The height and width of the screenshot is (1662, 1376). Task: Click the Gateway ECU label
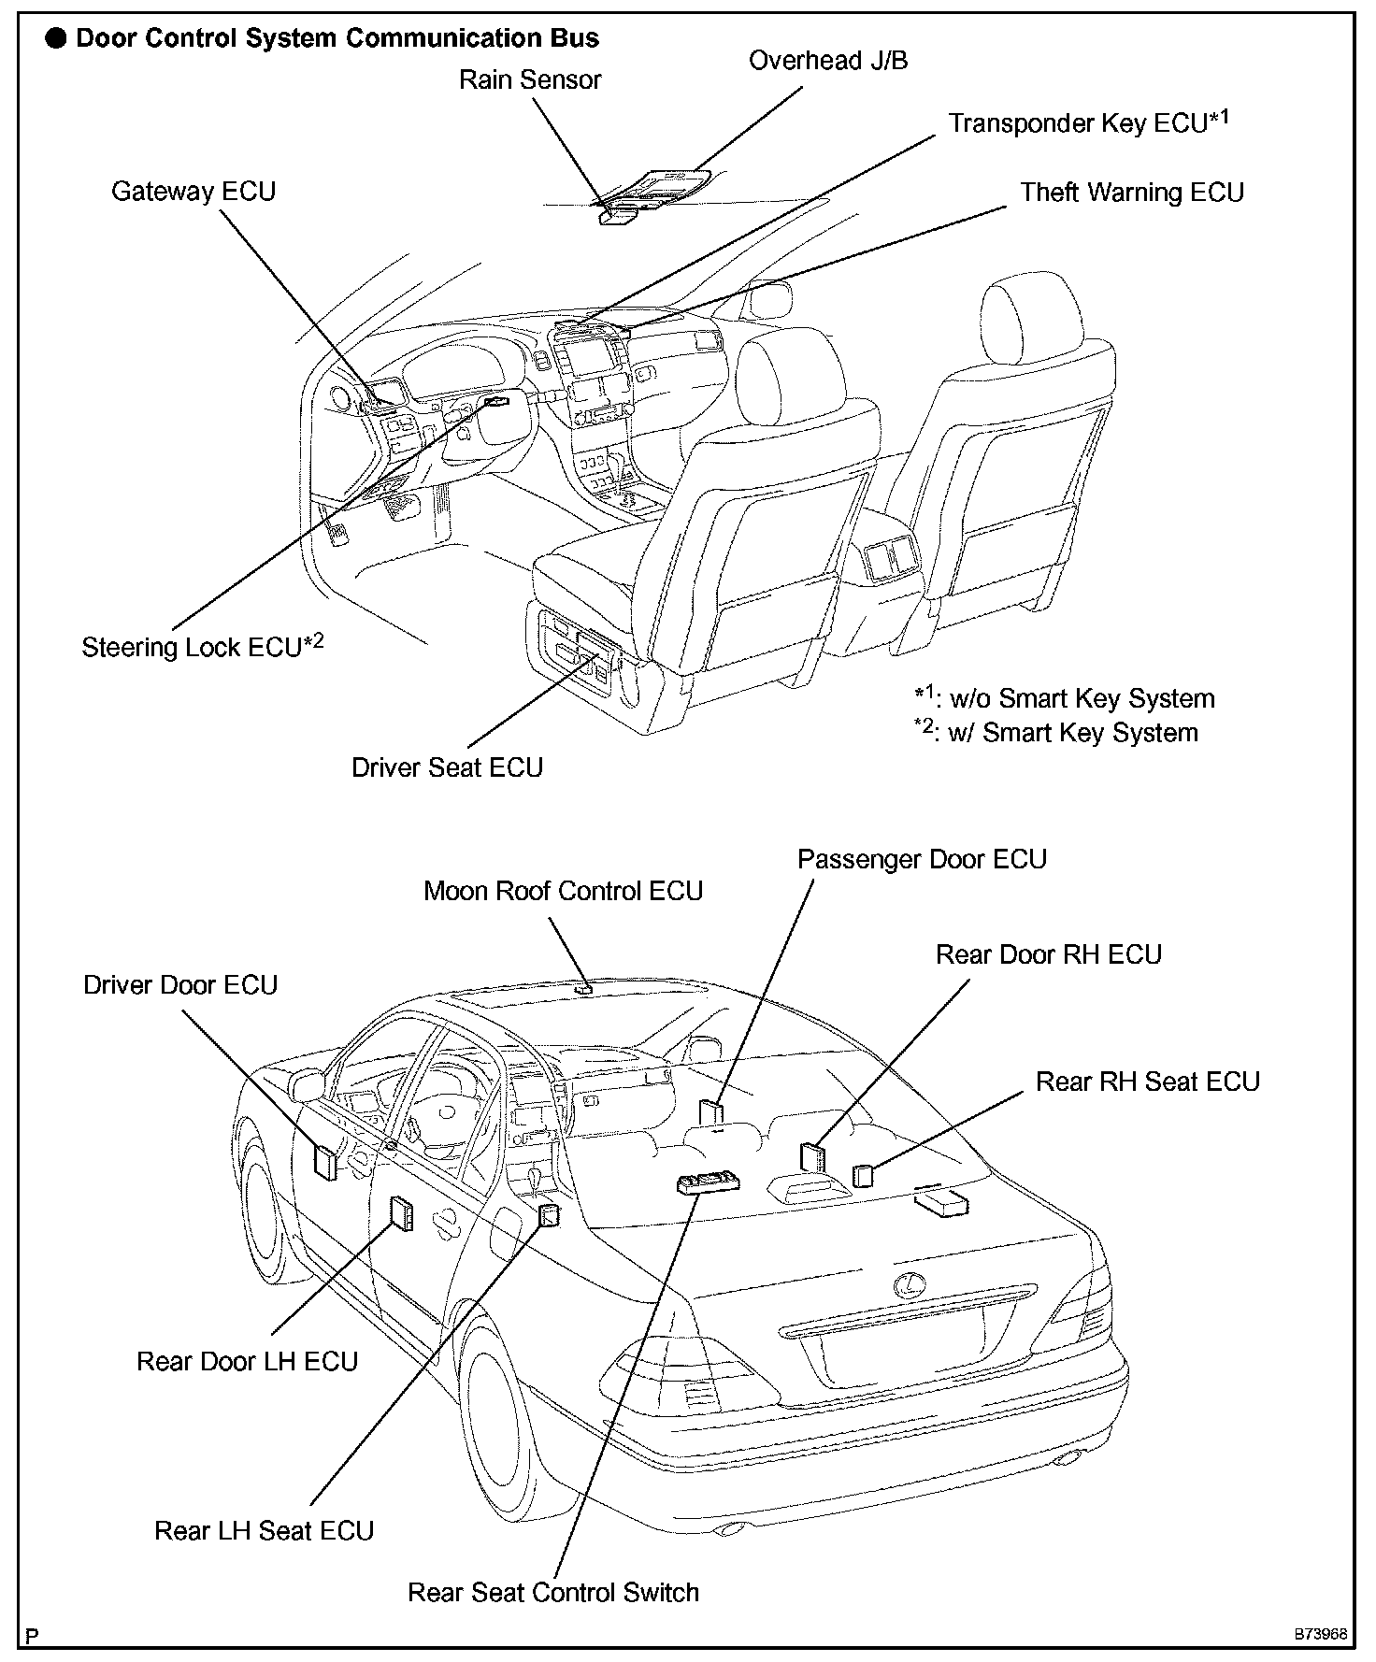tap(193, 192)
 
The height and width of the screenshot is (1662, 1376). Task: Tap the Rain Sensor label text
tap(529, 80)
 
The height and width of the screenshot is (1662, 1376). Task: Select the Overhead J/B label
tap(828, 61)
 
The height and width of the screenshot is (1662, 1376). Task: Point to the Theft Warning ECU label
tap(1131, 193)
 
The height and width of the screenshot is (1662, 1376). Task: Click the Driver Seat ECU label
tap(447, 767)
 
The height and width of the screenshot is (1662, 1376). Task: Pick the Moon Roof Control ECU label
tap(563, 891)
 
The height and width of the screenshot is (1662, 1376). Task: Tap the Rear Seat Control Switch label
tap(553, 1593)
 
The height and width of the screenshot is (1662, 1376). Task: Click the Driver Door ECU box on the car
tap(324, 1162)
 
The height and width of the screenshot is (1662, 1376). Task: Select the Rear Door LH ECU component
tap(401, 1213)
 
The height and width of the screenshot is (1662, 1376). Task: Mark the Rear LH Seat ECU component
tap(549, 1215)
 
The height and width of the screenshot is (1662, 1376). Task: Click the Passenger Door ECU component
tap(712, 1113)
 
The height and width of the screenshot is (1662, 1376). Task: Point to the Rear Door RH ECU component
tap(812, 1157)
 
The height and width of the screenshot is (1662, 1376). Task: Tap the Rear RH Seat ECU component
tap(863, 1175)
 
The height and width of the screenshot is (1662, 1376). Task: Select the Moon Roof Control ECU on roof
tap(584, 986)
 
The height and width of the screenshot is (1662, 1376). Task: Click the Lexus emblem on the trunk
tap(905, 1286)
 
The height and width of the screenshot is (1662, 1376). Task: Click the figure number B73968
tap(1320, 1636)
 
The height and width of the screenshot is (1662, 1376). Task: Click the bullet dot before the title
tap(58, 39)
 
